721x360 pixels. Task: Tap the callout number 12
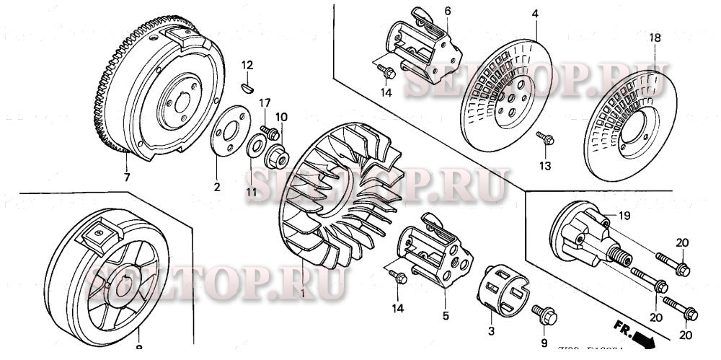coord(247,66)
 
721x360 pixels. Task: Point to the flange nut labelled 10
coord(278,154)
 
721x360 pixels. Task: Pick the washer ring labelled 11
coord(256,149)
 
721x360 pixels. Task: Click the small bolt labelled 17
coord(269,132)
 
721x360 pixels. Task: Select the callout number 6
coord(447,11)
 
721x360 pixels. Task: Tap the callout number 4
coord(536,13)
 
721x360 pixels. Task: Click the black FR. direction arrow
coord(636,334)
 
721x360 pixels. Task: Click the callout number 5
coord(446,315)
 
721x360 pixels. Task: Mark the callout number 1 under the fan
coord(304,295)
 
